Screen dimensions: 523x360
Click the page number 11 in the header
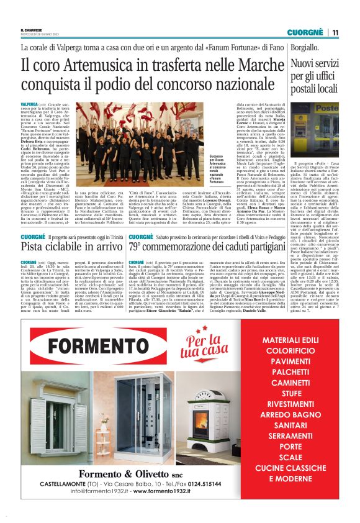click(335, 32)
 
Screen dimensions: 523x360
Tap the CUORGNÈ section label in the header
click(307, 32)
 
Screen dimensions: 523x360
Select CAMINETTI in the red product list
click(299, 382)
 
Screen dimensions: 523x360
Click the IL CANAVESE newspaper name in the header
click(30, 29)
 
